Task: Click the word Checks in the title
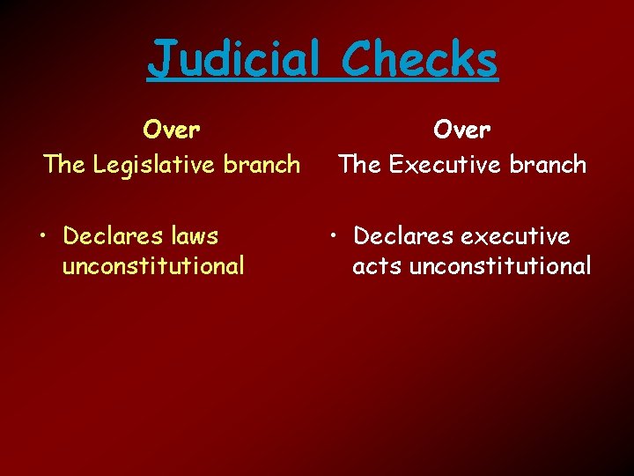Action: pyautogui.click(x=419, y=60)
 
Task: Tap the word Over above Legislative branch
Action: pyautogui.click(x=172, y=130)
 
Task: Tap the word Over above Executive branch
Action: pyautogui.click(x=462, y=130)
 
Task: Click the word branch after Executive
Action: pyautogui.click(x=549, y=165)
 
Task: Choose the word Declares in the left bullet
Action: pyautogui.click(x=108, y=236)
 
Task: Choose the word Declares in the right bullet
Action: pyautogui.click(x=398, y=236)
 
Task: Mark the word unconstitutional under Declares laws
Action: pyautogui.click(x=152, y=266)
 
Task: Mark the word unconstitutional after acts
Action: pyautogui.click(x=500, y=266)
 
